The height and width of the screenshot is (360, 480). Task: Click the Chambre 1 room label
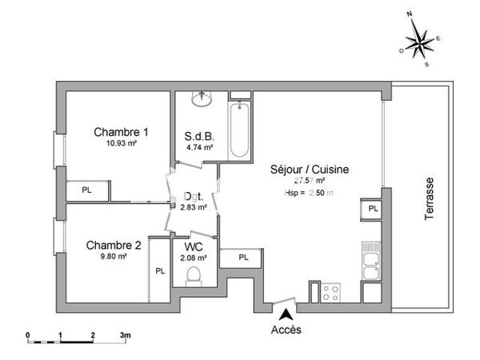121,132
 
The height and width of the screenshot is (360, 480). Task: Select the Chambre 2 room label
114,245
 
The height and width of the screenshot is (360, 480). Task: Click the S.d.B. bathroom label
198,135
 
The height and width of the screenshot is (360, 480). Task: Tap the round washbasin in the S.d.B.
201,100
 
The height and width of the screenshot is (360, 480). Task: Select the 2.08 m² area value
193,258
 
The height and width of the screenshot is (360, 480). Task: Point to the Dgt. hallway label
193,196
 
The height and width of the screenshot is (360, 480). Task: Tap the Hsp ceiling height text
308,193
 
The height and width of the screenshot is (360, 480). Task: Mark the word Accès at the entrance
286,330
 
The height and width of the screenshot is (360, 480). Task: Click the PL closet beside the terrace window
373,208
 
